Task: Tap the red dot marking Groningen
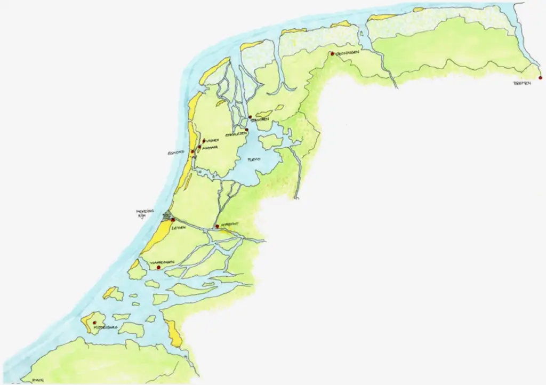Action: tap(332, 54)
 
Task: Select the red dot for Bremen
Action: tap(541, 77)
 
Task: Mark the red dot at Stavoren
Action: tap(250, 117)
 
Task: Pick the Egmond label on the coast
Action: tap(176, 153)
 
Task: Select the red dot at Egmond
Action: tap(192, 151)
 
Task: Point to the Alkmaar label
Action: tap(209, 148)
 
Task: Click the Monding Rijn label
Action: tap(145, 214)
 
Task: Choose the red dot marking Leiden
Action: tap(173, 220)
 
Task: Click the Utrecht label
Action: tap(228, 226)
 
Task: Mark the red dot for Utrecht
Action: tap(217, 227)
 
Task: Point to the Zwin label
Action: tap(37, 379)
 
